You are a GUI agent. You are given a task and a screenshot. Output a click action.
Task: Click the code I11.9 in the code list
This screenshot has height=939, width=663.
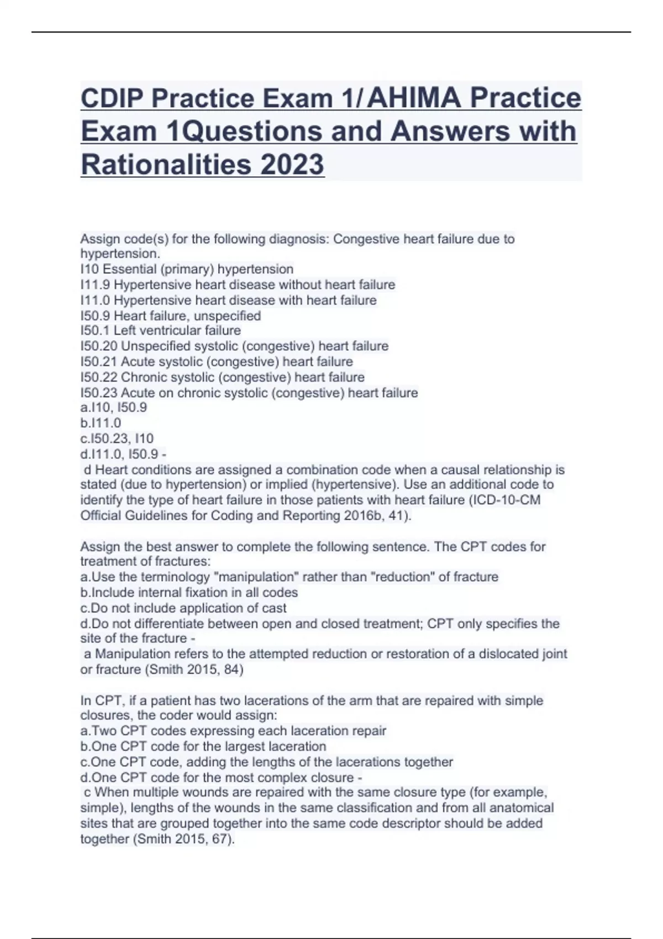point(95,284)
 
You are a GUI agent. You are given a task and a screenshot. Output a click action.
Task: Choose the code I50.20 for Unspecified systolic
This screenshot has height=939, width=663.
point(99,346)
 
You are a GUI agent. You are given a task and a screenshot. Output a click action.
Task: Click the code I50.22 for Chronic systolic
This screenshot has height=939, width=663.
point(99,377)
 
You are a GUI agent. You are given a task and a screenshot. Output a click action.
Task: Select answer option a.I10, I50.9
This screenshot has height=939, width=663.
point(114,408)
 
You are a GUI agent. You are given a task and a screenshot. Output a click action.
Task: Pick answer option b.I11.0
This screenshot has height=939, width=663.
point(101,423)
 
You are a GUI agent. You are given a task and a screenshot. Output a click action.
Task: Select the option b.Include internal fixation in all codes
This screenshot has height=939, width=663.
point(189,592)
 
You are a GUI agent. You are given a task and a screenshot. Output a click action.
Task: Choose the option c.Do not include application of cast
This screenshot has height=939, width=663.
point(183,608)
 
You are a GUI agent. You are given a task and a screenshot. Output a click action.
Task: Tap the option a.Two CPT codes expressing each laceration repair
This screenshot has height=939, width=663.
point(233,731)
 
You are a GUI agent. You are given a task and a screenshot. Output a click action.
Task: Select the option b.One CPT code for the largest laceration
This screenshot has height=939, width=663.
point(203,746)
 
